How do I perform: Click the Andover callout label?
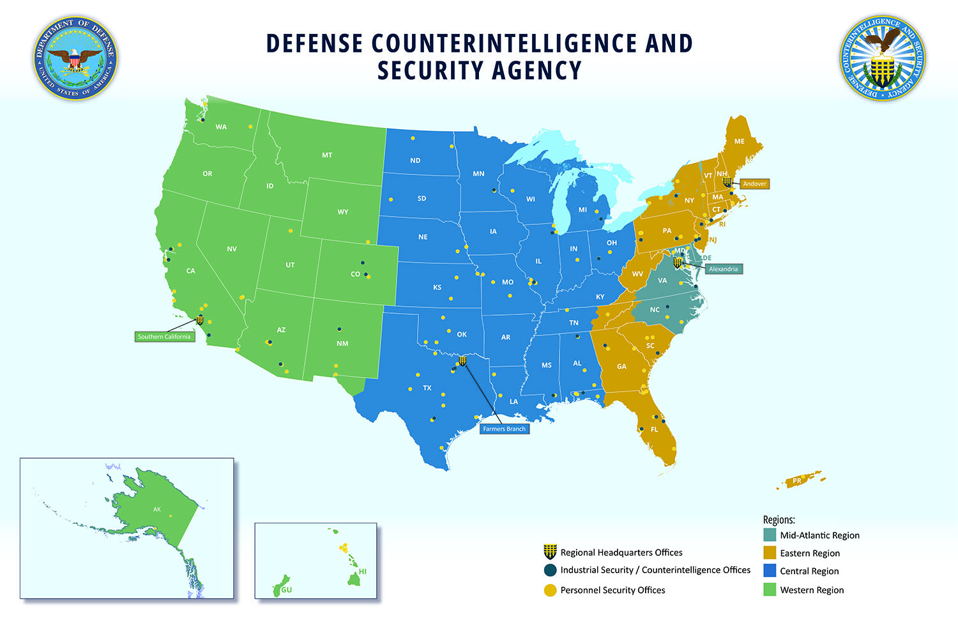point(754,184)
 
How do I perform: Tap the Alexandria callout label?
point(723,269)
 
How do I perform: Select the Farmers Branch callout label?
point(504,429)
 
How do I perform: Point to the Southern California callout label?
point(164,337)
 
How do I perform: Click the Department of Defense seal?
point(75,59)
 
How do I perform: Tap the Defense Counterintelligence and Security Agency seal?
point(882,59)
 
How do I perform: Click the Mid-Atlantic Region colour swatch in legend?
point(770,535)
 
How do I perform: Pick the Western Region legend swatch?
point(770,590)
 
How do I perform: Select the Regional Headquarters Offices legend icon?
point(550,552)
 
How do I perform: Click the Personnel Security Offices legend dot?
point(550,590)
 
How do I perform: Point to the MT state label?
point(327,155)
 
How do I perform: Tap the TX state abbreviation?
point(427,388)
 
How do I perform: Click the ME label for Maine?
point(739,141)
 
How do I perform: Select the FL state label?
point(654,429)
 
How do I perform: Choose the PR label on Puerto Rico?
point(797,481)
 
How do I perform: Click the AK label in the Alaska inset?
point(157,509)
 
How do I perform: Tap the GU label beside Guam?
point(287,590)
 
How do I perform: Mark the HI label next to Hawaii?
point(363,571)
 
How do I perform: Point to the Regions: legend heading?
point(779,519)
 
